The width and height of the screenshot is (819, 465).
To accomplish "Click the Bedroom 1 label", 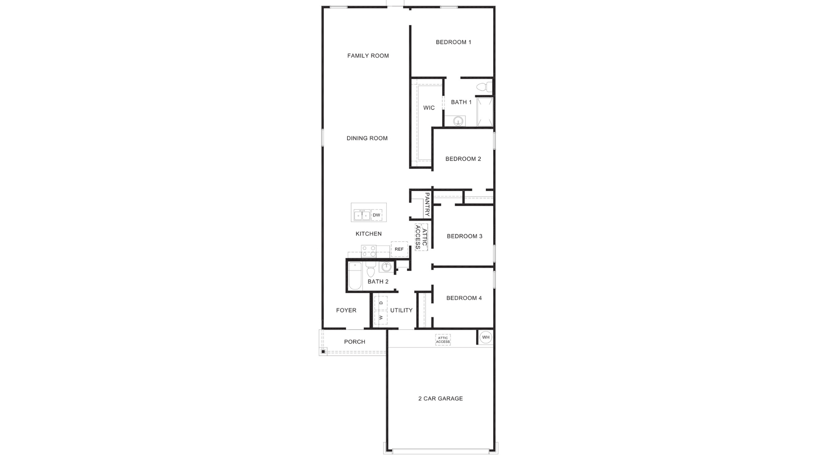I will coord(453,42).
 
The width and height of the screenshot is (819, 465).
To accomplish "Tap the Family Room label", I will coord(368,56).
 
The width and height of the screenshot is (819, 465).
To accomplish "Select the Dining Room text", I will coord(367,138).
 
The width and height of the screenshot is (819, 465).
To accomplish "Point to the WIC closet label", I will coord(429,108).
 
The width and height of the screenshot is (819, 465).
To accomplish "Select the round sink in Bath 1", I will coord(458,122).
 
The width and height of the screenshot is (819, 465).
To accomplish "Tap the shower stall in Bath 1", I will coord(485,112).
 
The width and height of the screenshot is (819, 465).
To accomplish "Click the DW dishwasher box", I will coord(377,215).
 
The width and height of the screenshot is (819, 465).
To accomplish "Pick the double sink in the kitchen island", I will coord(362,215).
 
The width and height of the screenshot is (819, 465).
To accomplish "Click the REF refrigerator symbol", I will coord(399,249).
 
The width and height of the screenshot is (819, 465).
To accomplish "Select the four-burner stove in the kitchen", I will coord(369,251).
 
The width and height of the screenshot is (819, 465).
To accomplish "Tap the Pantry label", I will coord(427,205).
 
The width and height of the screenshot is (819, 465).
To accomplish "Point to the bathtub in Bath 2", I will coord(355,276).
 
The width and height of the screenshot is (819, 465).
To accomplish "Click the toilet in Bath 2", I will coord(371,269).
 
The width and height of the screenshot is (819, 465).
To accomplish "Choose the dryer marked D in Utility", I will coord(381,303).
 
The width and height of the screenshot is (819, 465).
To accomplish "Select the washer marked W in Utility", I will coord(381,317).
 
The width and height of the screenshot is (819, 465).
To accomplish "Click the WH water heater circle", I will coord(486,337).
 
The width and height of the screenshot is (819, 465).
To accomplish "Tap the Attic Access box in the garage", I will coord(443,340).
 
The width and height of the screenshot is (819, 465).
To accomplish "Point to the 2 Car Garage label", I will coord(441,398).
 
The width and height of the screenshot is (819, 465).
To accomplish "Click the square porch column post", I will coord(323,351).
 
